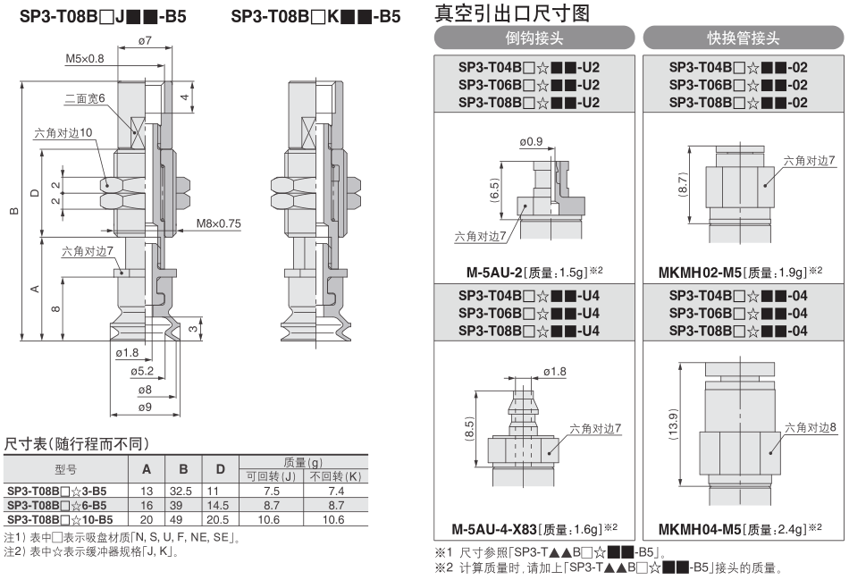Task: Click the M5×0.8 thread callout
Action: (85, 58)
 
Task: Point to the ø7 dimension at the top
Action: (145, 40)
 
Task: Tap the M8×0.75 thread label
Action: (219, 223)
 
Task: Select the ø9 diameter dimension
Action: (145, 407)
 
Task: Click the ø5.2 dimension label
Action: (142, 371)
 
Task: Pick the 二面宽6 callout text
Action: (85, 98)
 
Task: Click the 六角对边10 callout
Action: (63, 132)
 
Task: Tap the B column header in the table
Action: (183, 469)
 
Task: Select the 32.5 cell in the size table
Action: (181, 492)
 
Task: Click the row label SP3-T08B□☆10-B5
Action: (60, 520)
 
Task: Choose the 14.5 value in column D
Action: (218, 505)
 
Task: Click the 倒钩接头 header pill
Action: (534, 38)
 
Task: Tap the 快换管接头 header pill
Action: (744, 38)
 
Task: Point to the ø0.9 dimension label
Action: (531, 141)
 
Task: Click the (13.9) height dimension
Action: (673, 424)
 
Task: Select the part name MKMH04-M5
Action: (700, 529)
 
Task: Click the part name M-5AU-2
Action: (494, 272)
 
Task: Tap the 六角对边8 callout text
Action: (811, 428)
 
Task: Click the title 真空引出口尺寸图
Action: (512, 13)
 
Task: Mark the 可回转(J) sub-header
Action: (271, 476)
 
